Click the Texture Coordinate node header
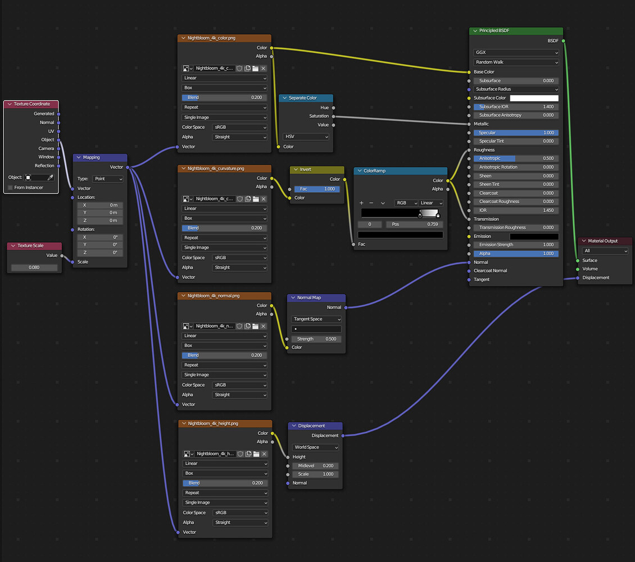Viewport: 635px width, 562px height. point(31,104)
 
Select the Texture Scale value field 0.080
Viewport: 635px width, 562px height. point(34,268)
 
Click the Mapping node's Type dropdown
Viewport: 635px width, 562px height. point(108,179)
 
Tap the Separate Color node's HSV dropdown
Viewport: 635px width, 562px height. point(306,137)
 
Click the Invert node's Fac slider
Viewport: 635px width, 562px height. point(317,189)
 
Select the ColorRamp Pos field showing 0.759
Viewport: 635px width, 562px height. point(414,224)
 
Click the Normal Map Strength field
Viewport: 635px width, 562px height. point(317,339)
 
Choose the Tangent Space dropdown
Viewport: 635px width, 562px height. point(317,319)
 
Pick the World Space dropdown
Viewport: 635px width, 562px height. point(316,447)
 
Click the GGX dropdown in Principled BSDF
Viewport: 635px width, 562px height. point(516,53)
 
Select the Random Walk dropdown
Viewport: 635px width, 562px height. point(516,62)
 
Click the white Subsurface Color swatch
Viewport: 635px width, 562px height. point(534,98)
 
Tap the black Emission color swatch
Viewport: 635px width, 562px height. point(534,237)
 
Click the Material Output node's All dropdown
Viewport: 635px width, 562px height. point(605,251)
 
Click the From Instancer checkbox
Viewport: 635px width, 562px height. point(10,187)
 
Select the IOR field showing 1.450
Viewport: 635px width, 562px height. point(516,210)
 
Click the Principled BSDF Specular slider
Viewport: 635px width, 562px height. point(516,133)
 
